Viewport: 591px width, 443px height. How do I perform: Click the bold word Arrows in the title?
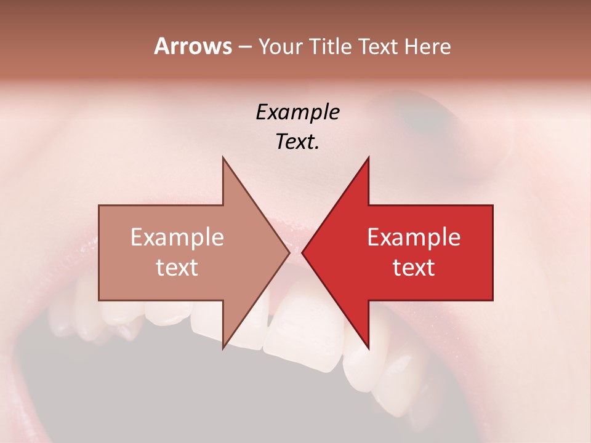click(x=193, y=46)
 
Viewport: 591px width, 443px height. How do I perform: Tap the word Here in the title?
click(x=427, y=47)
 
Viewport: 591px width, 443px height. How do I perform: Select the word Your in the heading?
click(x=280, y=47)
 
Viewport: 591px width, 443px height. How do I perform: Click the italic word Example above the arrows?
click(x=297, y=112)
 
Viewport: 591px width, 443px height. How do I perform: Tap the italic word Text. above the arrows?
click(x=297, y=142)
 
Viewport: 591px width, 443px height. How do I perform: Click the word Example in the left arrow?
click(x=177, y=237)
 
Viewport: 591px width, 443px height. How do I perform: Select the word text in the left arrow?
click(x=177, y=268)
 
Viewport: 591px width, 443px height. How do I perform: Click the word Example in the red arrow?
click(x=414, y=237)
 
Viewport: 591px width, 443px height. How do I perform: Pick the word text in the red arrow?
click(x=414, y=268)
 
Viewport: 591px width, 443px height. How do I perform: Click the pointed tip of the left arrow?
click(x=289, y=253)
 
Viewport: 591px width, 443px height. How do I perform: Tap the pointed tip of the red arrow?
click(x=302, y=253)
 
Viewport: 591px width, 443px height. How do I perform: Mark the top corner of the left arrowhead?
click(x=223, y=158)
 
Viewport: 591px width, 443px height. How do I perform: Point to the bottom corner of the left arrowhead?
click(x=223, y=348)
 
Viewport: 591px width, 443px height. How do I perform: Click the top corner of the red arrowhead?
click(x=368, y=158)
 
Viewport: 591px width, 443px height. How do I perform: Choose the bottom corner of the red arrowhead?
click(x=368, y=348)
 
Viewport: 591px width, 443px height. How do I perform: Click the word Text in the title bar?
click(x=379, y=47)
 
